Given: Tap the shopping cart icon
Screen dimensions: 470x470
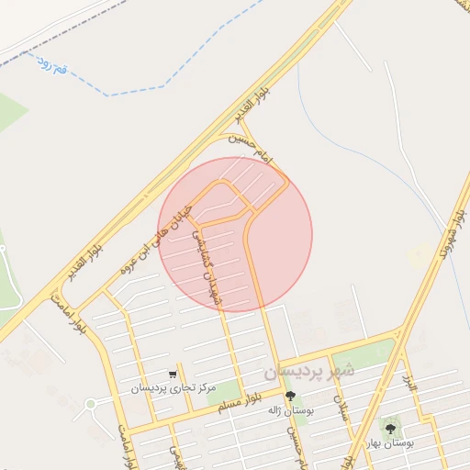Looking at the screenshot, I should click(x=173, y=374).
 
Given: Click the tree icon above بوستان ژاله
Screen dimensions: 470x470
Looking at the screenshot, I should click(x=291, y=397).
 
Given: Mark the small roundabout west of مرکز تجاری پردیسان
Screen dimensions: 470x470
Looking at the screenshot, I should click(x=90, y=403).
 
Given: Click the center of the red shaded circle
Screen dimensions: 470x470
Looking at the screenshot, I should click(x=235, y=234).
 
